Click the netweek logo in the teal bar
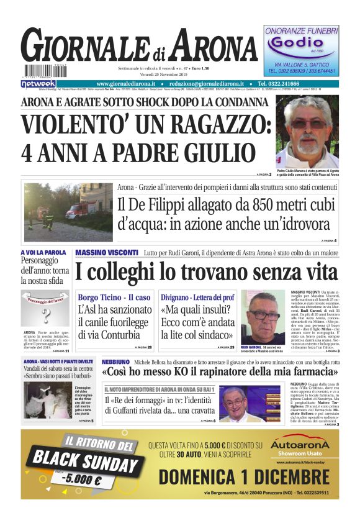click(38, 83)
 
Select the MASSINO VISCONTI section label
click(106, 253)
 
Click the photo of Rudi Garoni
click(263, 316)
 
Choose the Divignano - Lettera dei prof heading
click(198, 298)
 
